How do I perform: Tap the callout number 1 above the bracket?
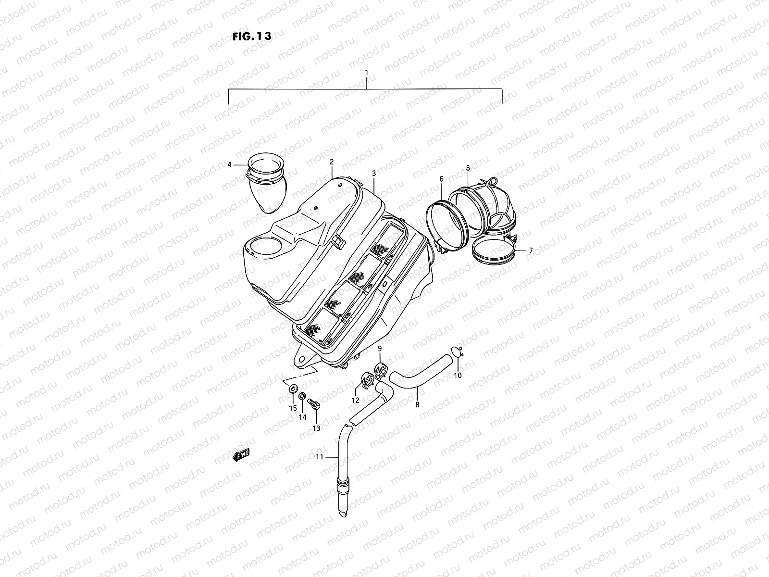(366, 73)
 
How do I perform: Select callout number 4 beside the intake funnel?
(229, 164)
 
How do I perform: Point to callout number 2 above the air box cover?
(332, 162)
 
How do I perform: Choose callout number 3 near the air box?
(373, 172)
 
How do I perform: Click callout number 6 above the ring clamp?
(441, 179)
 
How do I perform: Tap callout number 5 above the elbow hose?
(468, 167)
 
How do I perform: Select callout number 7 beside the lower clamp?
(531, 251)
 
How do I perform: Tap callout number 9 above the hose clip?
(379, 348)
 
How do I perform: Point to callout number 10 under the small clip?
(458, 375)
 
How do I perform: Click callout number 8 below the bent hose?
(417, 404)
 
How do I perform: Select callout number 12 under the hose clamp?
(356, 400)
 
